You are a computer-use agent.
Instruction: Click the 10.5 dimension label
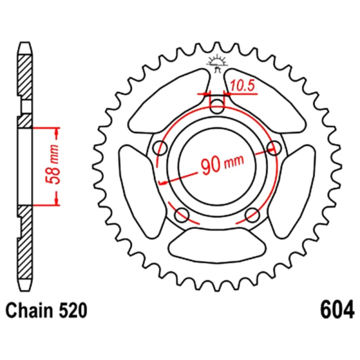coord(242,86)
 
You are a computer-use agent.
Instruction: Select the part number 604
coord(337,310)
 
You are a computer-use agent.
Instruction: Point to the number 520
coord(73,310)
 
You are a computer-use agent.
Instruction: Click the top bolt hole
coord(217,107)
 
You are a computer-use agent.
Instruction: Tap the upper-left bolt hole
coord(160,148)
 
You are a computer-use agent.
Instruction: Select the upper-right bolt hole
coord(274,148)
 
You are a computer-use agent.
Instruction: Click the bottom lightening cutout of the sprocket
coord(217,245)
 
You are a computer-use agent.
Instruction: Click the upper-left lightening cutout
coord(169,101)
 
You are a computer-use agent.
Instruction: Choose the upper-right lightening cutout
coord(265,101)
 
